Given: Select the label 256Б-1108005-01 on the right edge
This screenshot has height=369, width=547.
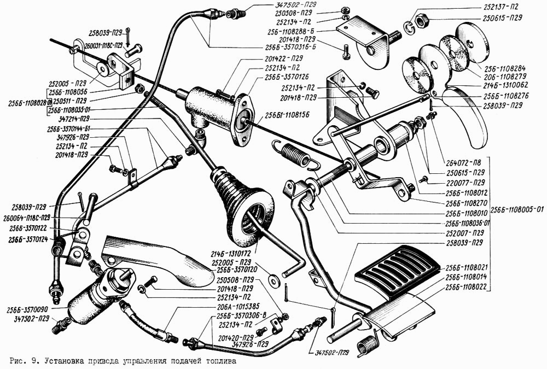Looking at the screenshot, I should pyautogui.click(x=517, y=209).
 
